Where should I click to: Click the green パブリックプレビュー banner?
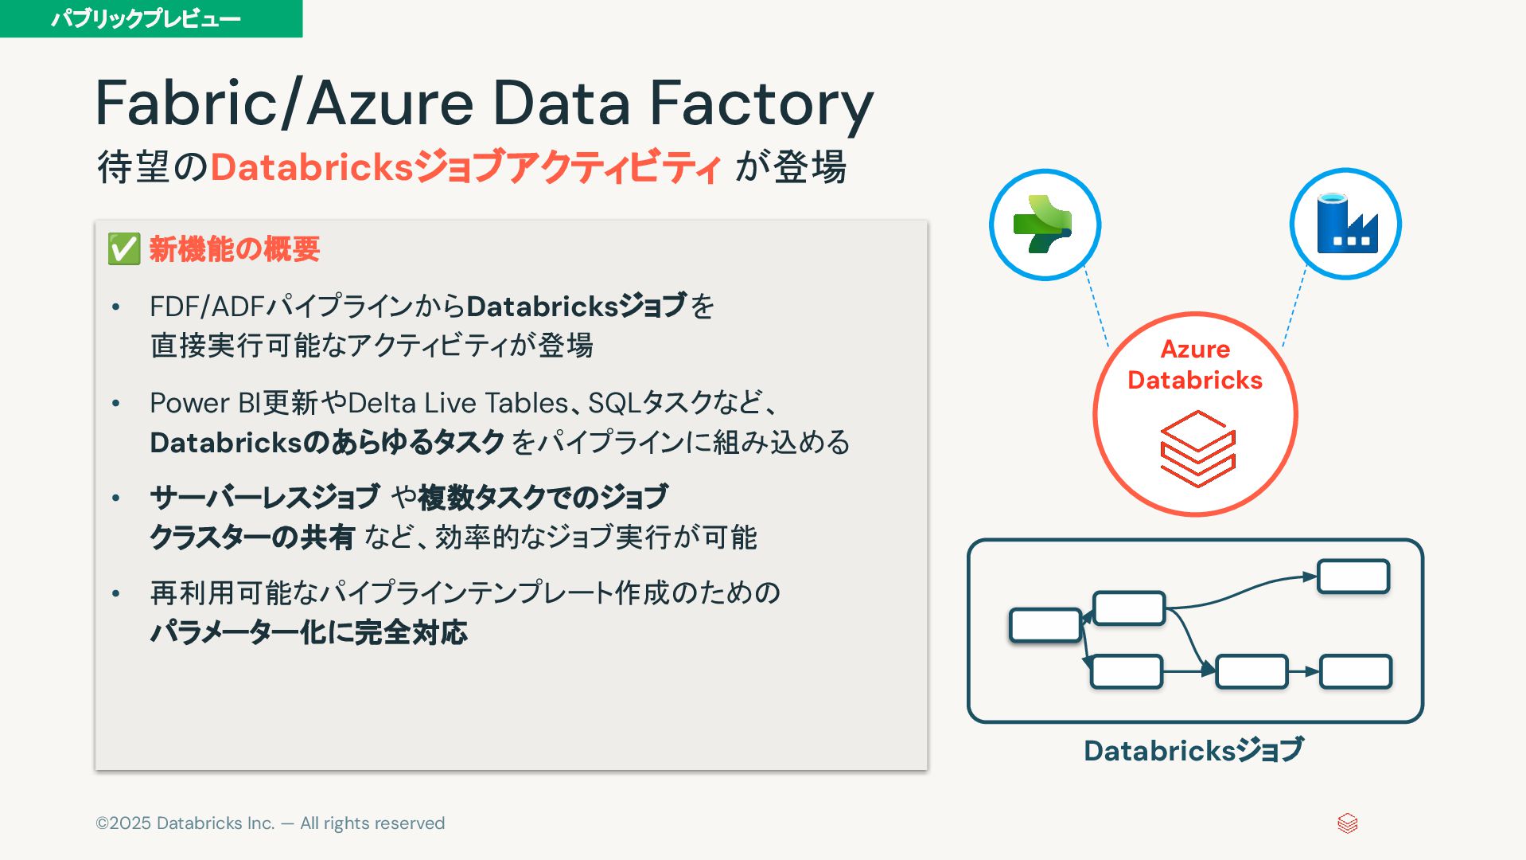click(150, 18)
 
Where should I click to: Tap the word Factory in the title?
click(761, 104)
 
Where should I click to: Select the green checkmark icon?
click(124, 249)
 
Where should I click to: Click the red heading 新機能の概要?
click(235, 249)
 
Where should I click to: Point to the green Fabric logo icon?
click(1044, 224)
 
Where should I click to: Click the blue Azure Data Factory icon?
click(1345, 224)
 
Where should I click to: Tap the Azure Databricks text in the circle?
click(1195, 365)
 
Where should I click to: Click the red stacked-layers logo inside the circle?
click(1197, 448)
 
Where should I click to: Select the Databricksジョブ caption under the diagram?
click(1193, 750)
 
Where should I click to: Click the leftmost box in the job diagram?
click(1045, 625)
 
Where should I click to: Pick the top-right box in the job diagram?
click(1353, 577)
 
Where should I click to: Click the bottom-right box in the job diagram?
click(1356, 671)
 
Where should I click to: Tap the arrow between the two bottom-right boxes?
click(1304, 671)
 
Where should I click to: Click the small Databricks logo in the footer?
click(1347, 823)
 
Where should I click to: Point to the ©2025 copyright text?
click(270, 823)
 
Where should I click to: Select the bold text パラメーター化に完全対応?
click(309, 632)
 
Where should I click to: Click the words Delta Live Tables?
click(458, 403)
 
